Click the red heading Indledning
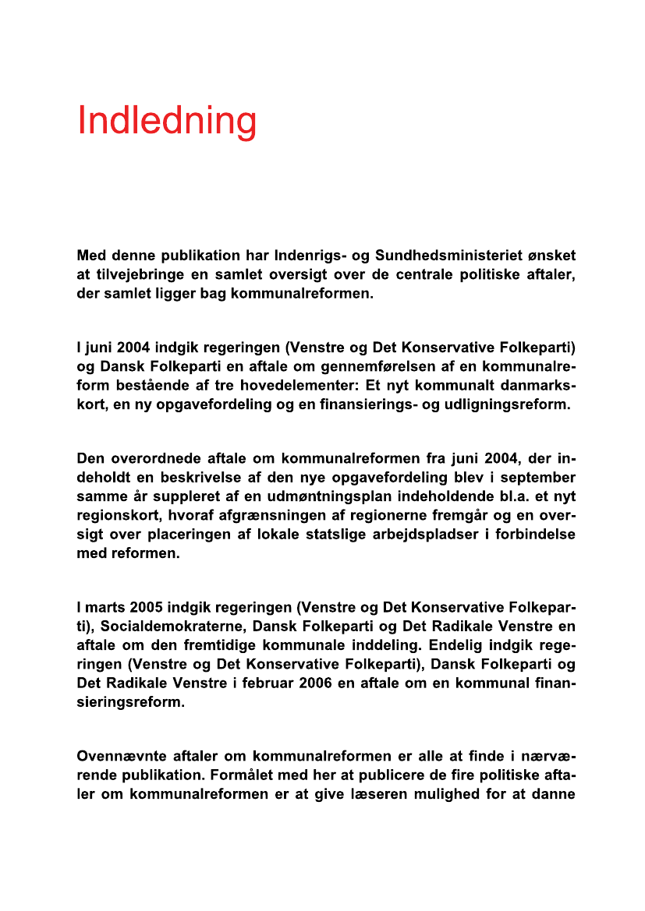coord(167,121)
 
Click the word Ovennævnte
coord(122,756)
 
